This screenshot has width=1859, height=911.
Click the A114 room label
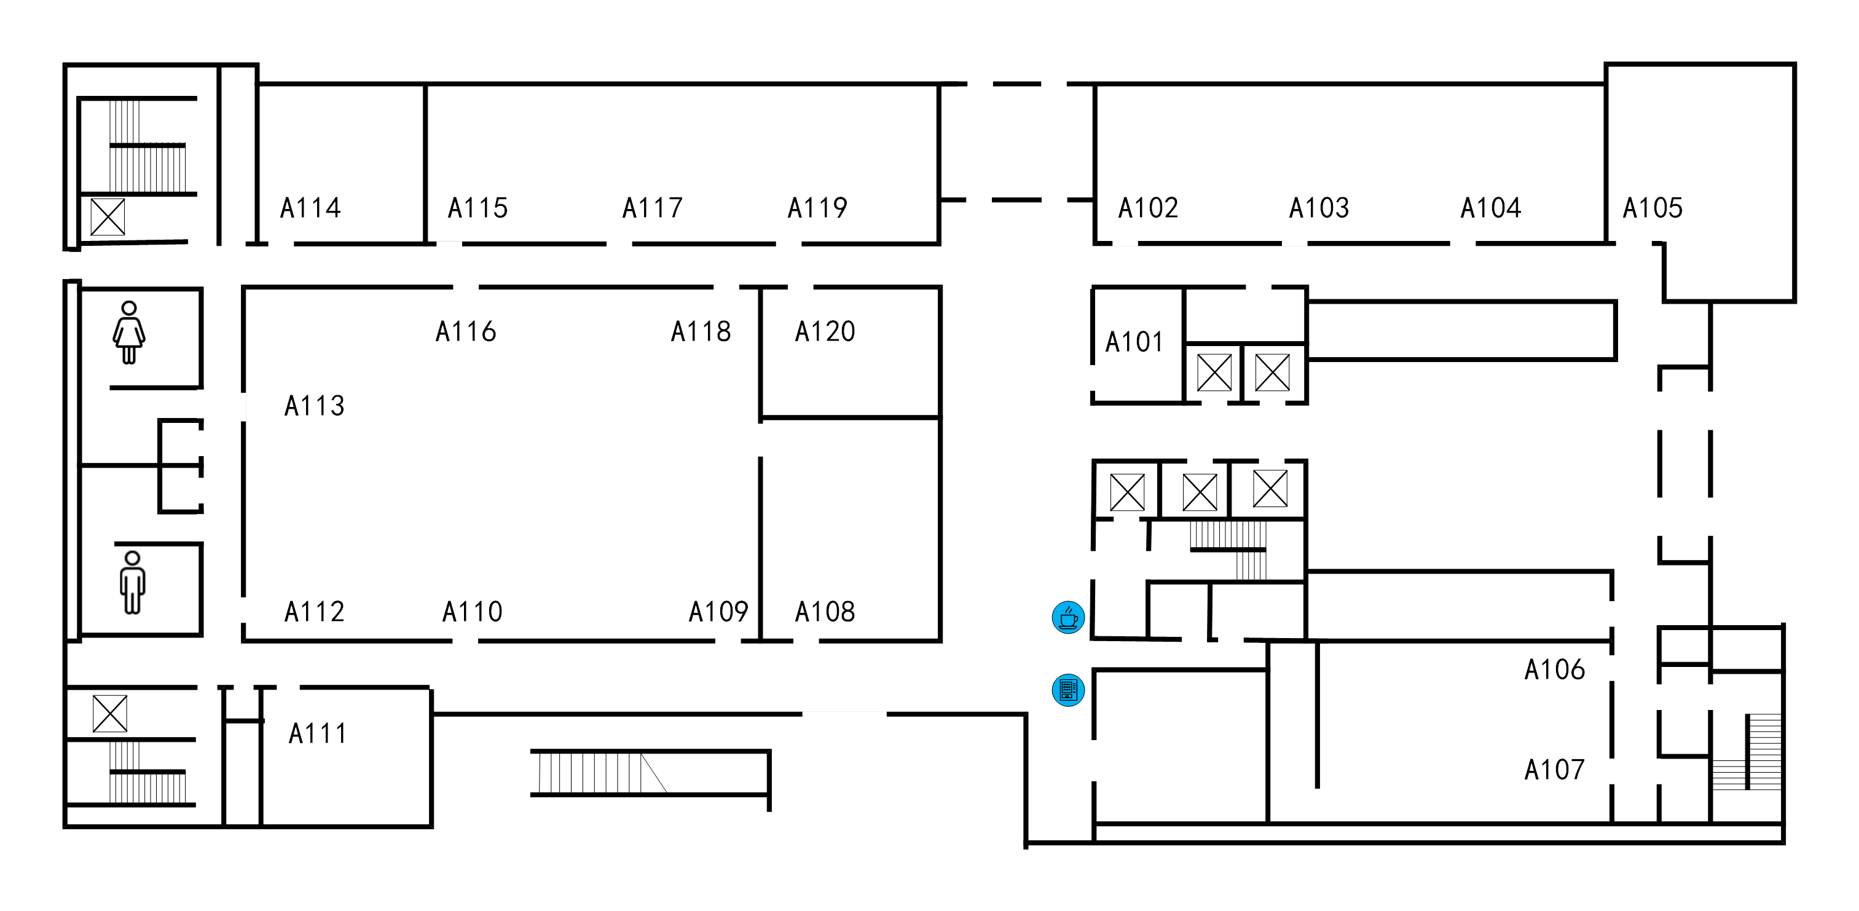click(310, 208)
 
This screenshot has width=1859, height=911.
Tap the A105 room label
click(1652, 208)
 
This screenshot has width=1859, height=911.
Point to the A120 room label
click(824, 331)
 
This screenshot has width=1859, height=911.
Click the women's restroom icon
click(129, 332)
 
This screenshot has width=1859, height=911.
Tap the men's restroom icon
click(132, 583)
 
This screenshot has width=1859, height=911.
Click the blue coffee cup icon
click(1068, 617)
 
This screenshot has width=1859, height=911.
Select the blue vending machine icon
click(1068, 690)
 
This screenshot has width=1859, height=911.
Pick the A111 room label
click(318, 733)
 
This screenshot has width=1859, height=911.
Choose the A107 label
click(1554, 770)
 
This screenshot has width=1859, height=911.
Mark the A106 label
click(1554, 669)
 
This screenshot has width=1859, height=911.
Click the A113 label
click(314, 406)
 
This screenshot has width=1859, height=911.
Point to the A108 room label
click(824, 612)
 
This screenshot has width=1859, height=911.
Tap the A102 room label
click(1147, 208)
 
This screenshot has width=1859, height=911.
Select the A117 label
click(653, 208)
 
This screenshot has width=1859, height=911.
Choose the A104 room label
click(1490, 208)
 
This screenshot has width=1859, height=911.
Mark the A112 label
click(314, 612)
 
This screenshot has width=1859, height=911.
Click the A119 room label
click(817, 208)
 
